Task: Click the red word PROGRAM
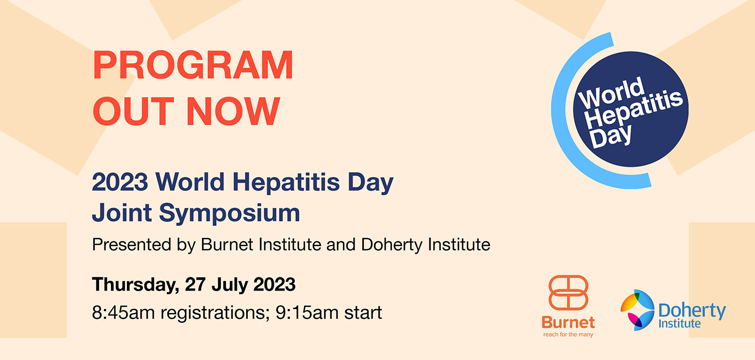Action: pos(193,65)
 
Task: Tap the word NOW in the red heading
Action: pos(233,111)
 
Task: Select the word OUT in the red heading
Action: pos(133,111)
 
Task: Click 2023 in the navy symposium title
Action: pos(120,182)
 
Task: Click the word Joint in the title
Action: pos(122,212)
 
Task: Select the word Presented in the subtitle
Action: pos(132,245)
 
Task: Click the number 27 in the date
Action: pos(195,284)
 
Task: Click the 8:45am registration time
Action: pos(123,312)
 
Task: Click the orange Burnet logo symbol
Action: pos(568,293)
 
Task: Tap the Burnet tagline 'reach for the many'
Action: pos(568,334)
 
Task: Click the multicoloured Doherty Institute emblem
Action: pos(637,310)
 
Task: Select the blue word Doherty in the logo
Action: pos(692,310)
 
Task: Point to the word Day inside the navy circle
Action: pos(611,137)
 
